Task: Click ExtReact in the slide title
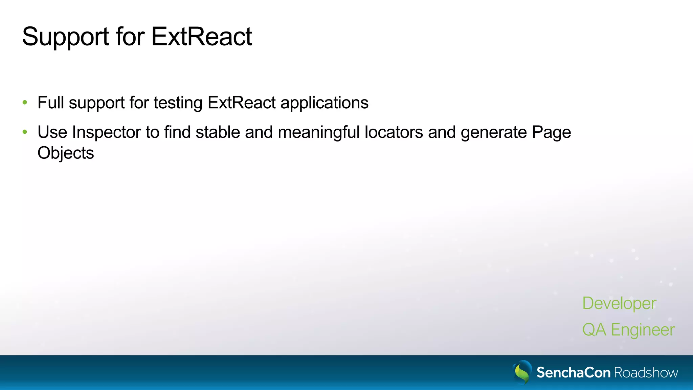click(201, 37)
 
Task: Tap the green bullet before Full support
click(25, 103)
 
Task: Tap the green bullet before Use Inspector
click(25, 132)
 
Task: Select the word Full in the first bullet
click(51, 103)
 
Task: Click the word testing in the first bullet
click(178, 103)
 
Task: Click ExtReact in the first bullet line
click(242, 103)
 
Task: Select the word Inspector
click(106, 132)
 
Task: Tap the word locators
click(394, 132)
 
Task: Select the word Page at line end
click(551, 132)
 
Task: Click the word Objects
click(66, 153)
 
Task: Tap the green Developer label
click(619, 303)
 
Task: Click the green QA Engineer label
click(628, 330)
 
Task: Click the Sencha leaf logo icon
click(522, 372)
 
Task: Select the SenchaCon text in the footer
click(573, 373)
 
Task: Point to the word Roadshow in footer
click(646, 373)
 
